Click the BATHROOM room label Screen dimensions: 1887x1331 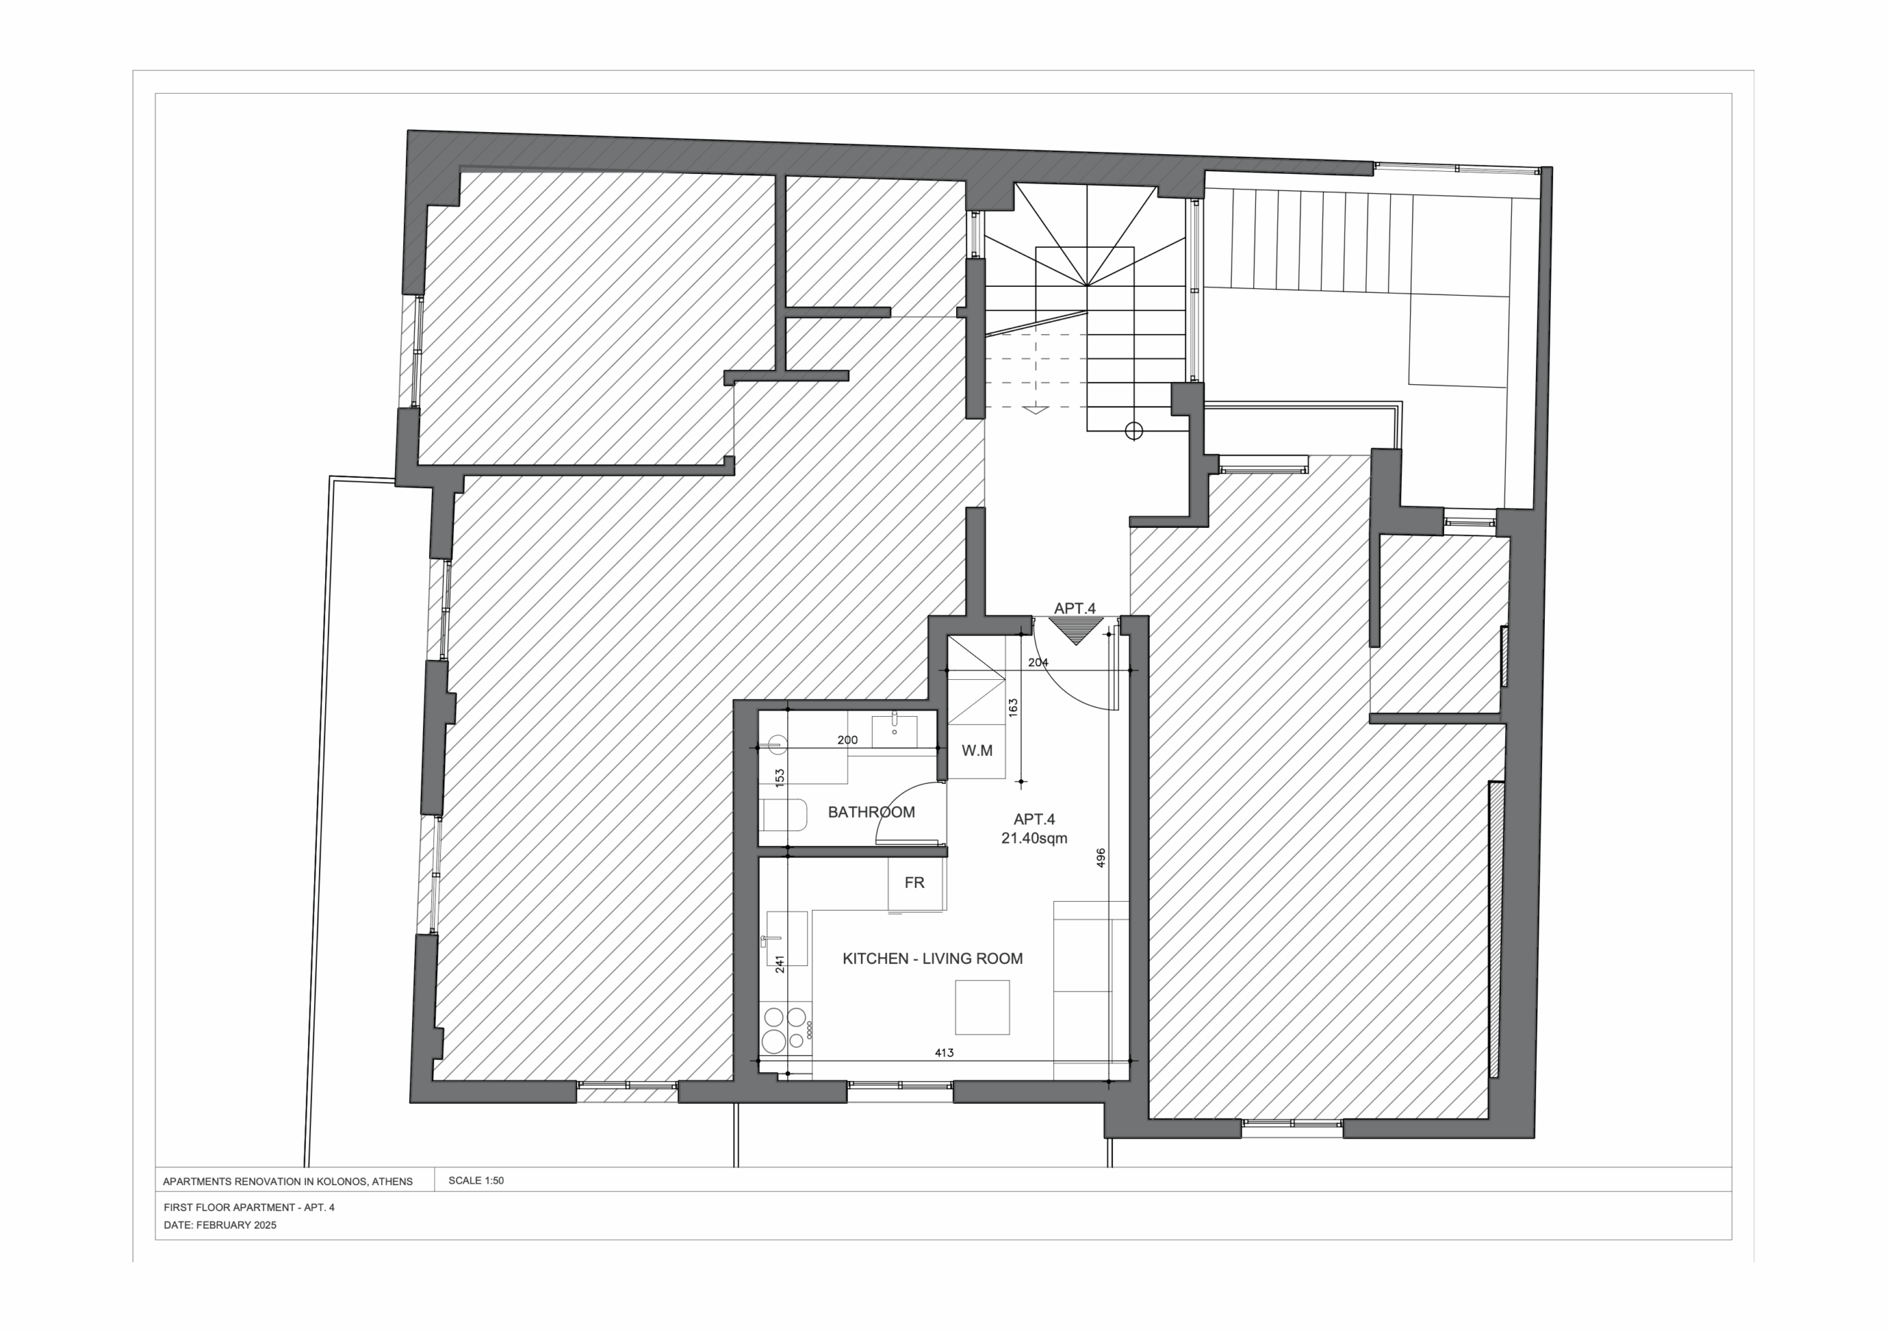pos(871,813)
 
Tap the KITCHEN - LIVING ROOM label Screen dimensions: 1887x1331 pos(933,959)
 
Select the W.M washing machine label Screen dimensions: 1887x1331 pos(977,751)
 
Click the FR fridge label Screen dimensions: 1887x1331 pos(914,883)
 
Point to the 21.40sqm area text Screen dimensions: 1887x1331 pos(1034,838)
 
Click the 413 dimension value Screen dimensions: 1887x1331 pos(944,1052)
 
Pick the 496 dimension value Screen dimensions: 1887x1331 pos(1101,858)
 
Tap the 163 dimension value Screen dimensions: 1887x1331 pos(1014,708)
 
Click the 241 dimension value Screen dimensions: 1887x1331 pos(780,964)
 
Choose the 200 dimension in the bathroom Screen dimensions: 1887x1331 pos(848,740)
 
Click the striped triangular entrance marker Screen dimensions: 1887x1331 pos(1075,630)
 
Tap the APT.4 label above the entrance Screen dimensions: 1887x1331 pos(1075,608)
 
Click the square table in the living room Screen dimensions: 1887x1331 pos(982,1007)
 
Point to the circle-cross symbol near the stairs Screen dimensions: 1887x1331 pos(1134,431)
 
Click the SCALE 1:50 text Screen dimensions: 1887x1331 pos(476,1181)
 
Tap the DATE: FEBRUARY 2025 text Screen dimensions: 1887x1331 pos(220,1225)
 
